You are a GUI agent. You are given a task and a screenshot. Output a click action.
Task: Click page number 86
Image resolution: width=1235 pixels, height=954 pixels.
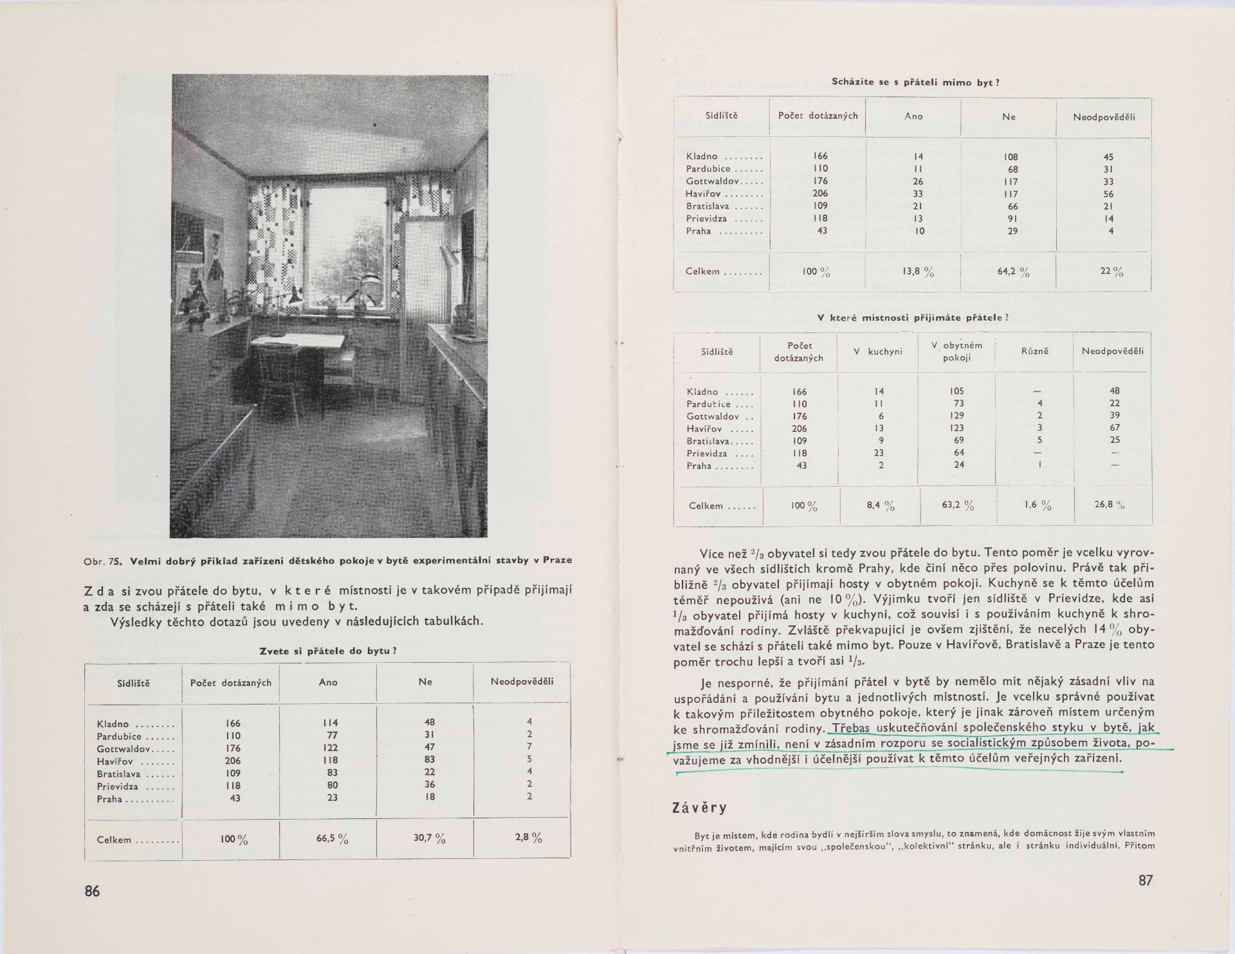[x=93, y=891]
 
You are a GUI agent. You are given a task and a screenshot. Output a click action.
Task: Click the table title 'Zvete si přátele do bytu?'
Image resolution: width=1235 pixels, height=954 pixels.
[x=327, y=651]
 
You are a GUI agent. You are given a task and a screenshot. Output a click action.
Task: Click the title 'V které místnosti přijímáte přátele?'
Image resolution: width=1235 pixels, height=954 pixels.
[x=913, y=318]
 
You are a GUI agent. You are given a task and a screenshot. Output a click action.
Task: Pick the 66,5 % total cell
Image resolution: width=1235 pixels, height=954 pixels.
[x=333, y=839]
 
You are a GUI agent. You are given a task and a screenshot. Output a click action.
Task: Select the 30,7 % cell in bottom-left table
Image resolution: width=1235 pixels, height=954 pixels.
[x=430, y=839]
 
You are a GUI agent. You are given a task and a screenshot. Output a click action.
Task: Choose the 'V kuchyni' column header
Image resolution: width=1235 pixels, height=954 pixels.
[x=877, y=352]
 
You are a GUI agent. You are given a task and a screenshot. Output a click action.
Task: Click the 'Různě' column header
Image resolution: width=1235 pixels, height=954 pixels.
[x=1035, y=352]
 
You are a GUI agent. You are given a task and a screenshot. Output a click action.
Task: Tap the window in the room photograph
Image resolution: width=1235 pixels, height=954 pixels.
[x=347, y=244]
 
